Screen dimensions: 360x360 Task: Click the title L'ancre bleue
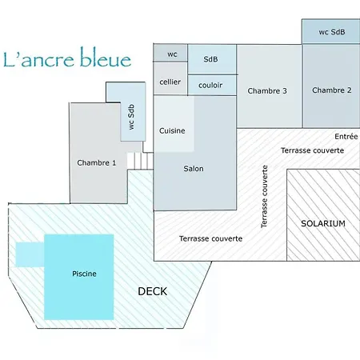pyautogui.click(x=67, y=58)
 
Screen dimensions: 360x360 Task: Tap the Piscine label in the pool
pyautogui.click(x=84, y=274)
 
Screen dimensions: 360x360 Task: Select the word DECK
pyautogui.click(x=153, y=291)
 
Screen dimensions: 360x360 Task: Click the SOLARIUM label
pyautogui.click(x=323, y=223)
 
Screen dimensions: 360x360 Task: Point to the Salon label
pyautogui.click(x=194, y=169)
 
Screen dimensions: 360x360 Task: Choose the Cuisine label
pyautogui.click(x=172, y=130)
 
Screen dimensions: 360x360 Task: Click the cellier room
pyautogui.click(x=170, y=78)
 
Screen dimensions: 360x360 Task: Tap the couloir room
pyautogui.click(x=212, y=85)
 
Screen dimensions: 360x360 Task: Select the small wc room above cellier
pyautogui.click(x=170, y=53)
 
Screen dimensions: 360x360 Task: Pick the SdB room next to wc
pyautogui.click(x=212, y=59)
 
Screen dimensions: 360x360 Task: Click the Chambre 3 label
pyautogui.click(x=267, y=91)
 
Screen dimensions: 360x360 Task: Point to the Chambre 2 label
pyautogui.click(x=332, y=90)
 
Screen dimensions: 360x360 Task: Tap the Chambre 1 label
pyautogui.click(x=97, y=162)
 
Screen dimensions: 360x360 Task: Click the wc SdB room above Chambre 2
pyautogui.click(x=331, y=31)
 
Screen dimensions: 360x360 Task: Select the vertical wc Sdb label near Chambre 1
pyautogui.click(x=131, y=117)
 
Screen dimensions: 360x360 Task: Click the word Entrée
pyautogui.click(x=346, y=137)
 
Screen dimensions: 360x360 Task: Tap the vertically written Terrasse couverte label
pyautogui.click(x=264, y=197)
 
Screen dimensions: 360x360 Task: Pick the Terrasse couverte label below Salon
pyautogui.click(x=210, y=238)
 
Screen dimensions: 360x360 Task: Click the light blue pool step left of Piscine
pyautogui.click(x=30, y=254)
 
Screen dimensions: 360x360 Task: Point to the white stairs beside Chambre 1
pyautogui.click(x=140, y=161)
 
